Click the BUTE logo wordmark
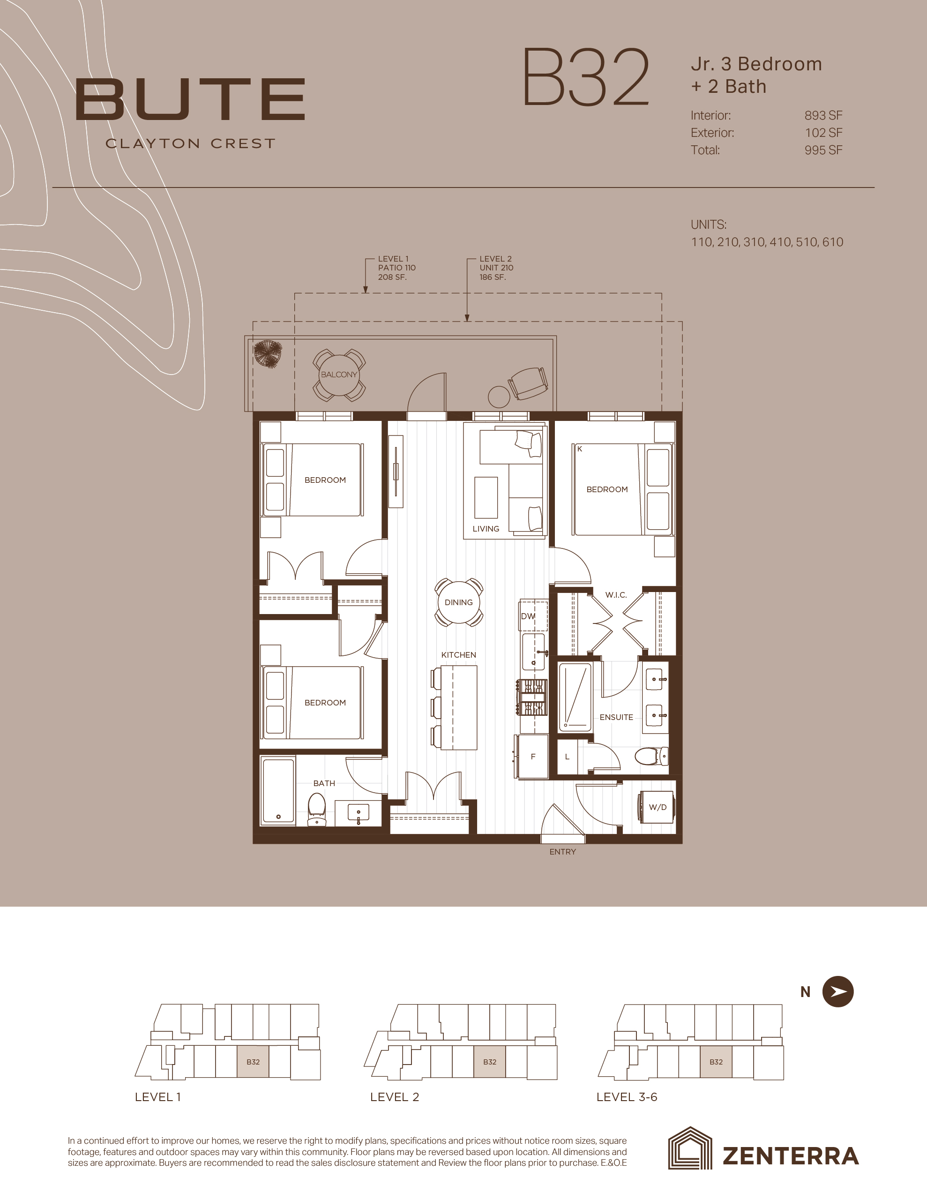pos(190,99)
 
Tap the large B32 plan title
pos(586,77)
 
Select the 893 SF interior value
pos(823,115)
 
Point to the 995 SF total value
pos(823,150)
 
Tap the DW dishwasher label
pos(528,616)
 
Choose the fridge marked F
pos(532,757)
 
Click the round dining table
pos(459,602)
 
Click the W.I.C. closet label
pos(616,594)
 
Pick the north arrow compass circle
pos(838,992)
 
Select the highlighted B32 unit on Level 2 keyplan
pos(490,1062)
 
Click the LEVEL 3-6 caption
pos(627,1097)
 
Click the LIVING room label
pos(486,529)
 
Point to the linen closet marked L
pos(568,757)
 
